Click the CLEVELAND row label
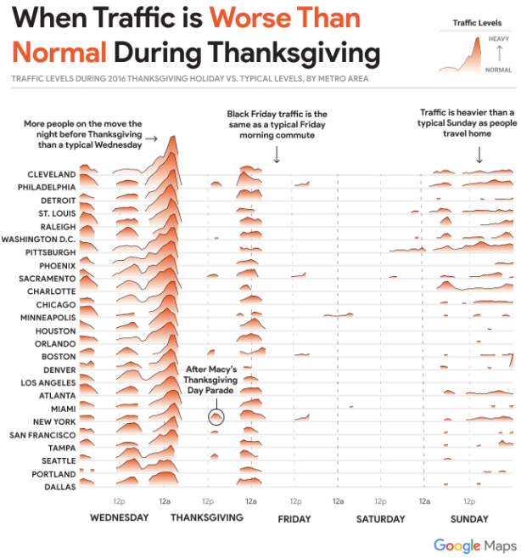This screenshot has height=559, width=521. coord(52,174)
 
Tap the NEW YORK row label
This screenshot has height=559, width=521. coord(54,421)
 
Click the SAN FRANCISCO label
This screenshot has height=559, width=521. coord(42,434)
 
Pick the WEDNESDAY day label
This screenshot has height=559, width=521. coord(119,517)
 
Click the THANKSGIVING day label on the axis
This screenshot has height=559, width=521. coord(207,517)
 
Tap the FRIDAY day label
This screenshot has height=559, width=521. coord(294,519)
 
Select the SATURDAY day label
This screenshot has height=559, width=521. coord(381,519)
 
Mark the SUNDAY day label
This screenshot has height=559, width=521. coord(469,519)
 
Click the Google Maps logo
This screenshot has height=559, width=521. coord(474,545)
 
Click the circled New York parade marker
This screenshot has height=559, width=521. coord(216,417)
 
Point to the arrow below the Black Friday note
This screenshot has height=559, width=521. coord(277,155)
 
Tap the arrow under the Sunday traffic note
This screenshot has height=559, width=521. coord(479,155)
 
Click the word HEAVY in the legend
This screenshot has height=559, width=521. coord(499,39)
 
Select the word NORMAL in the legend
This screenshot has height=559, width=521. coord(498,70)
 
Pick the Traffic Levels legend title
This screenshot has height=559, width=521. coord(475,23)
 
